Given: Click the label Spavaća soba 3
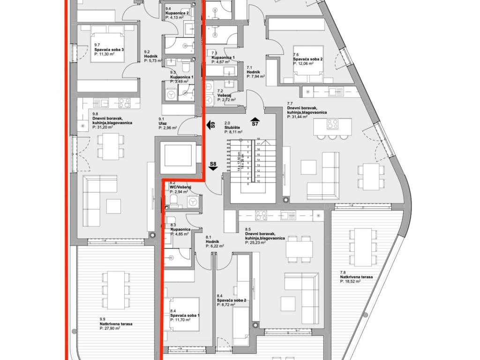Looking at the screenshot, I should click(109, 50).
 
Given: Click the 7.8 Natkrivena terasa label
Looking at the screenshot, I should click(356, 277).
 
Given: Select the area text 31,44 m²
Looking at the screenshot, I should click(299, 117).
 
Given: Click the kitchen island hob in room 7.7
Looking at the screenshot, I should click(333, 124).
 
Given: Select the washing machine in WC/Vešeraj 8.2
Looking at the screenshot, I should click(192, 202).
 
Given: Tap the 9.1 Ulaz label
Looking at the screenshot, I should click(166, 123).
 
